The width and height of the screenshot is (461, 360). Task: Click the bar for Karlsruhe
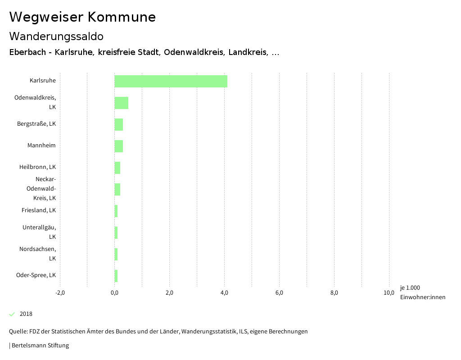tap(171, 81)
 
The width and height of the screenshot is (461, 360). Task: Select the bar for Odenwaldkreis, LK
tap(122, 103)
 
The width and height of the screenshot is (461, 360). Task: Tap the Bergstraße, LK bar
tap(119, 124)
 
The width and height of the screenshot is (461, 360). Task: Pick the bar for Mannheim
tap(119, 146)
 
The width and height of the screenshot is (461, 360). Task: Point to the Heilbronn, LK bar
tap(118, 168)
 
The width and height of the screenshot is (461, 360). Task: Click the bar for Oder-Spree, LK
tap(116, 276)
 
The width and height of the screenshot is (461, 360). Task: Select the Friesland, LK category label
tap(39, 210)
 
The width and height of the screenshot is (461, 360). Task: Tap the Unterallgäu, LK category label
tap(39, 232)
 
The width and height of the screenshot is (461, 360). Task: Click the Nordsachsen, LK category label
tap(38, 254)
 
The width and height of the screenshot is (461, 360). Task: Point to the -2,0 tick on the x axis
tap(60, 293)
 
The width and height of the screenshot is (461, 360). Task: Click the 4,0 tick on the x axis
tap(224, 293)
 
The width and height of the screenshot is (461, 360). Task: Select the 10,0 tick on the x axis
tap(389, 293)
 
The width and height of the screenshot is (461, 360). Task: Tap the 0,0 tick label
tap(115, 293)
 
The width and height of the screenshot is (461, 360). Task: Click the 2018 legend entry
tap(26, 314)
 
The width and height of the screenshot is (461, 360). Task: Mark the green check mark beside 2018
tap(12, 314)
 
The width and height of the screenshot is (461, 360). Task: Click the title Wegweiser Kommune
tap(82, 17)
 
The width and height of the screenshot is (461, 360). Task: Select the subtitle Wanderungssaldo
tap(56, 36)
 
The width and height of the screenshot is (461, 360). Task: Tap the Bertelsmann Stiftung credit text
tap(40, 346)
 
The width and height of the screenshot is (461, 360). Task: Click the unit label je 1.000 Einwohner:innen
tap(422, 292)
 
